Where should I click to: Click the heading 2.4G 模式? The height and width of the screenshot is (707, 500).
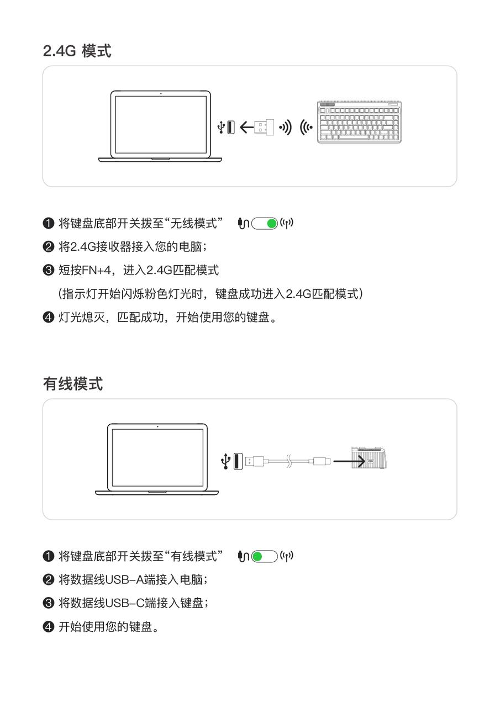[x=77, y=51]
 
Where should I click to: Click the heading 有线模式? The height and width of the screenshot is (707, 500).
[x=73, y=384]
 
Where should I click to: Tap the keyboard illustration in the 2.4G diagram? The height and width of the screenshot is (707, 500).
[x=359, y=122]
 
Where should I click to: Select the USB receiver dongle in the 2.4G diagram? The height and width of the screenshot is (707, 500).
[x=265, y=127]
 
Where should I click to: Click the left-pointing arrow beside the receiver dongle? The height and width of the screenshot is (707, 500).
[x=246, y=127]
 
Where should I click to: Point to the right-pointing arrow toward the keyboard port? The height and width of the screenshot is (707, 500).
[x=349, y=461]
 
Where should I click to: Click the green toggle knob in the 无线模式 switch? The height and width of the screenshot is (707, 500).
[x=271, y=224]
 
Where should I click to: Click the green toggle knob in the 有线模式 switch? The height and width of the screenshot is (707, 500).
[x=257, y=556]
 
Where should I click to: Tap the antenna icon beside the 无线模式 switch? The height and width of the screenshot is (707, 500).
[x=287, y=223]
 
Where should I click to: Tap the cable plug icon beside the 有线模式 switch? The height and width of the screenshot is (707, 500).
[x=243, y=556]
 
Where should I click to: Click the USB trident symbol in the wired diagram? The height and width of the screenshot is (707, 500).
[x=225, y=461]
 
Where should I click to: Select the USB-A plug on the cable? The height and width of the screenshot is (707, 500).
[x=254, y=461]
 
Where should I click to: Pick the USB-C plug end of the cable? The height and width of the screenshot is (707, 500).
[x=322, y=461]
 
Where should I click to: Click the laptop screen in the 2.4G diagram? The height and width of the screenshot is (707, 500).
[x=161, y=124]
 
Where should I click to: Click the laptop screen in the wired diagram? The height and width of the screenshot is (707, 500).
[x=157, y=457]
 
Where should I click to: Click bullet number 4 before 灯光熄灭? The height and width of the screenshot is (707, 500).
[x=48, y=317]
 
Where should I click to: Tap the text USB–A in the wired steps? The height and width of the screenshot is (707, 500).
[x=124, y=579]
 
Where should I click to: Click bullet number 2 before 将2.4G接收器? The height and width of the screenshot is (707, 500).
[x=48, y=246]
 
